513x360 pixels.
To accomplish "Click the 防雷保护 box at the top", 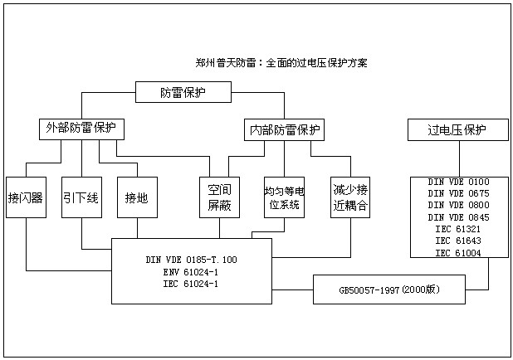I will click(183, 92).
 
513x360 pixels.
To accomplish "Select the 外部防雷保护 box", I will click(81, 129).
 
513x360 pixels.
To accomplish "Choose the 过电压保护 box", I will click(457, 130).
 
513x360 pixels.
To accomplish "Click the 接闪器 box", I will click(26, 197).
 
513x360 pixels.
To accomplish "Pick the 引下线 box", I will click(81, 197).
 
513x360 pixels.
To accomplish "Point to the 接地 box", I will click(136, 197).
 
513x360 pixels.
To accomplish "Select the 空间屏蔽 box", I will click(219, 197).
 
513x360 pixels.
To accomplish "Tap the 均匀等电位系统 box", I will click(284, 197).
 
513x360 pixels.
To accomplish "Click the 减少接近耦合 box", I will click(349, 197).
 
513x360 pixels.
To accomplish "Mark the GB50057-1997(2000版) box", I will click(388, 290).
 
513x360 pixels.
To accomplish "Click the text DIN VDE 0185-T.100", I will click(191, 260).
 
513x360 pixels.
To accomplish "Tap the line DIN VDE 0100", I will click(458, 182).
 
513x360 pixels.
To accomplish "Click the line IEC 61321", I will click(458, 229).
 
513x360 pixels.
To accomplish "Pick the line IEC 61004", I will click(458, 252).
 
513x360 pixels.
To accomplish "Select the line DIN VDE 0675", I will click(458, 193).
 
